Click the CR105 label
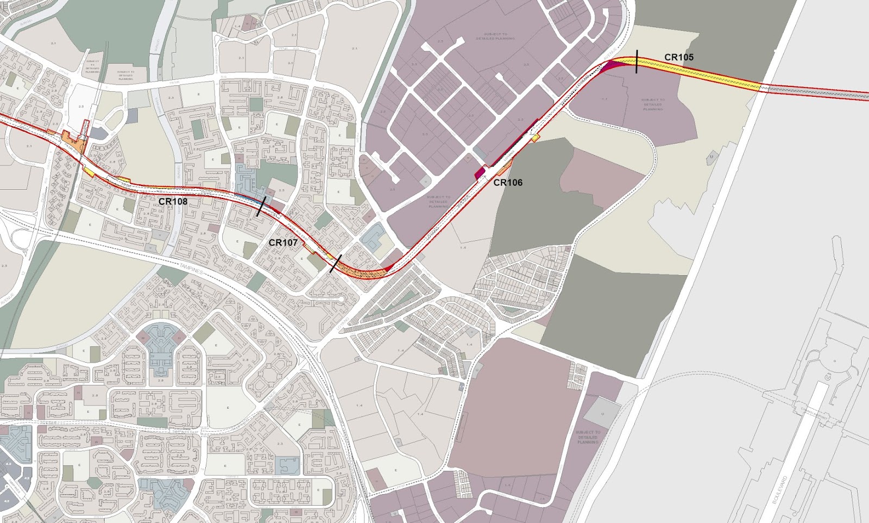pyautogui.click(x=678, y=57)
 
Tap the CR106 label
pyautogui.click(x=508, y=183)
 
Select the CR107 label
pyautogui.click(x=283, y=242)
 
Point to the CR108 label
pyautogui.click(x=173, y=201)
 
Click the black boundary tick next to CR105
pyautogui.click(x=636, y=60)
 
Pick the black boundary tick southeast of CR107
pyautogui.click(x=336, y=264)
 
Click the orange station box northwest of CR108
pyautogui.click(x=73, y=142)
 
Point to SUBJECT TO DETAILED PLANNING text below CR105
pyautogui.click(x=653, y=104)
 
